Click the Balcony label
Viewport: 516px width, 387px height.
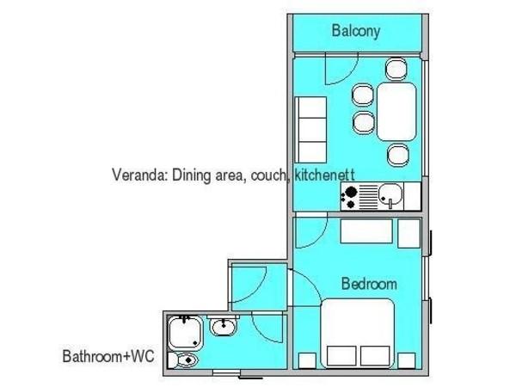coord(356,31)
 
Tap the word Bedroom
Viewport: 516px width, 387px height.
coord(369,284)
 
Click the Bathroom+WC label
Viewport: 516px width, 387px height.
coord(108,356)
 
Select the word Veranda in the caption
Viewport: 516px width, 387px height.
coord(140,175)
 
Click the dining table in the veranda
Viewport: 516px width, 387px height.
coord(396,112)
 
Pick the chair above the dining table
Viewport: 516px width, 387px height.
coord(396,69)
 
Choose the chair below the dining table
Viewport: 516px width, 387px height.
coord(398,156)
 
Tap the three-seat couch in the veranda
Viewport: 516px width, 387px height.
coord(310,130)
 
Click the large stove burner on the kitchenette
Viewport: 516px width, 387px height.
coord(351,191)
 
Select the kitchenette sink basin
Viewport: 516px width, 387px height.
coord(390,194)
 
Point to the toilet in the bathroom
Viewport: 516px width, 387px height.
coord(184,360)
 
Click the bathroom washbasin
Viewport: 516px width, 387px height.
coord(223,327)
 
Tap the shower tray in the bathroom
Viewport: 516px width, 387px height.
coord(185,333)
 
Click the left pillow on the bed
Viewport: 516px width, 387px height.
coord(341,356)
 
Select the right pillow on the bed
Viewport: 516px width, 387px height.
coord(375,356)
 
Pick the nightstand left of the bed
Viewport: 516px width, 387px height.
coord(307,360)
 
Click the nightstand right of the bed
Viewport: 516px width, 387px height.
coord(407,360)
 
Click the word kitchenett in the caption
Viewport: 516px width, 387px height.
coord(324,175)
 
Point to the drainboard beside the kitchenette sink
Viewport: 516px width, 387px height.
coord(368,196)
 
